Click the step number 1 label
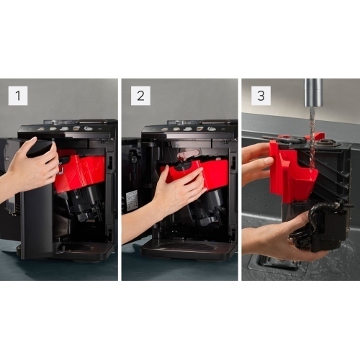(x=18, y=96)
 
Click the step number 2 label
(x=140, y=96)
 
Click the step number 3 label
(x=261, y=96)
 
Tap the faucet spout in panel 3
(x=313, y=93)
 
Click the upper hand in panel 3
(x=257, y=166)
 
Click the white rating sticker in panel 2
(x=132, y=200)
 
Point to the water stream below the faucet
(x=312, y=139)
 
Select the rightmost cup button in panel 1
(x=88, y=128)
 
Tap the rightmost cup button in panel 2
(x=212, y=129)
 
